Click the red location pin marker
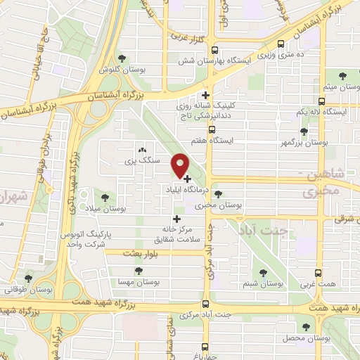tap(181, 165)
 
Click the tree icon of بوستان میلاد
tap(105, 198)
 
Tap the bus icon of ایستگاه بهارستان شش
tap(214, 49)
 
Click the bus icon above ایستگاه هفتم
tap(212, 130)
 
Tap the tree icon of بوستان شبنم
tap(264, 272)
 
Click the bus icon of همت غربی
tap(319, 272)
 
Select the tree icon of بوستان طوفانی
tap(29, 278)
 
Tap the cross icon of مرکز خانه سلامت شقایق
tap(176, 219)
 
